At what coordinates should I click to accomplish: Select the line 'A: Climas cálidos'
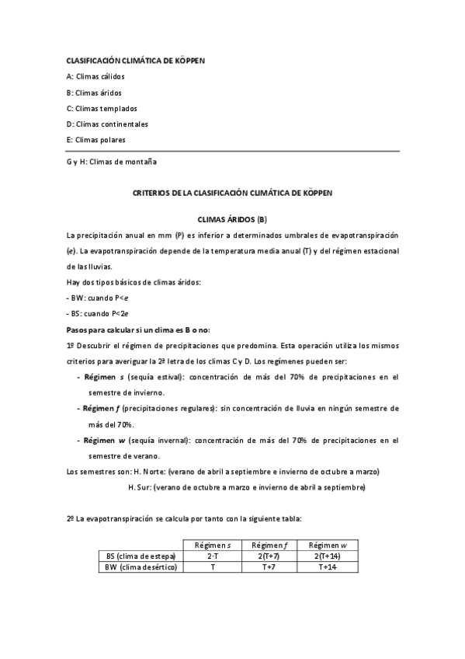[x=95, y=77]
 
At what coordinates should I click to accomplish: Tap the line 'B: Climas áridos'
[x=94, y=92]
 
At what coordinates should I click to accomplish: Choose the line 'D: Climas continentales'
[x=107, y=124]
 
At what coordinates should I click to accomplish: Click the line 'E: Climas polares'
[x=96, y=140]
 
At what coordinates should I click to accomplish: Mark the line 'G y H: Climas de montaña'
[x=112, y=162]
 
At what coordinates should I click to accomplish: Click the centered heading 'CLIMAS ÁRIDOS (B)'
[x=232, y=220]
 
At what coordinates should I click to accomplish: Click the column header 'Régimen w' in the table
[x=328, y=546]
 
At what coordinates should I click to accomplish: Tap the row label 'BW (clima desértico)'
[x=141, y=567]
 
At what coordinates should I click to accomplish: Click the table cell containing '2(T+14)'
[x=328, y=556]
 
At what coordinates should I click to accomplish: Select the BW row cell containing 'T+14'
[x=328, y=567]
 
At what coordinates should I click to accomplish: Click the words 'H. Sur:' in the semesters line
[x=140, y=487]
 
